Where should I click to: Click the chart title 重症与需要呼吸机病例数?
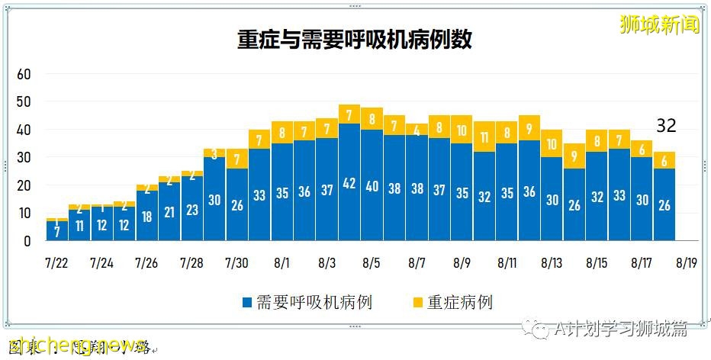[355, 39]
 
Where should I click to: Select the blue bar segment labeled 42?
[349, 183]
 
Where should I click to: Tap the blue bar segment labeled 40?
[372, 185]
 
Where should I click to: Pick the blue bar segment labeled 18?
[147, 216]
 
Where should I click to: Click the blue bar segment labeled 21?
[169, 212]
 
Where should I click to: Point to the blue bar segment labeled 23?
[191, 209]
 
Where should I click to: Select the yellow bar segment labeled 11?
[484, 137]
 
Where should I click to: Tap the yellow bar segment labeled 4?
[417, 130]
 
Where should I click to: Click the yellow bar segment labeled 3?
[214, 153]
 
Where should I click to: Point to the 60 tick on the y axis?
[24, 75]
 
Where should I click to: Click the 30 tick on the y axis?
[24, 158]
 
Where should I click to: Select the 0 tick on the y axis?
[27, 241]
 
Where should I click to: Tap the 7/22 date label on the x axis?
[56, 263]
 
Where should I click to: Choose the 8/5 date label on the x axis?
[372, 263]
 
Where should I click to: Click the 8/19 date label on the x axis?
[686, 263]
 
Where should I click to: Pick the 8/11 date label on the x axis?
[507, 263]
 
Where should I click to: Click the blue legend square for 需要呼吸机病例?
[246, 303]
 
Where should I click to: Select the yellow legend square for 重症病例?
[417, 303]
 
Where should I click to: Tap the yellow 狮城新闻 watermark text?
[660, 24]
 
